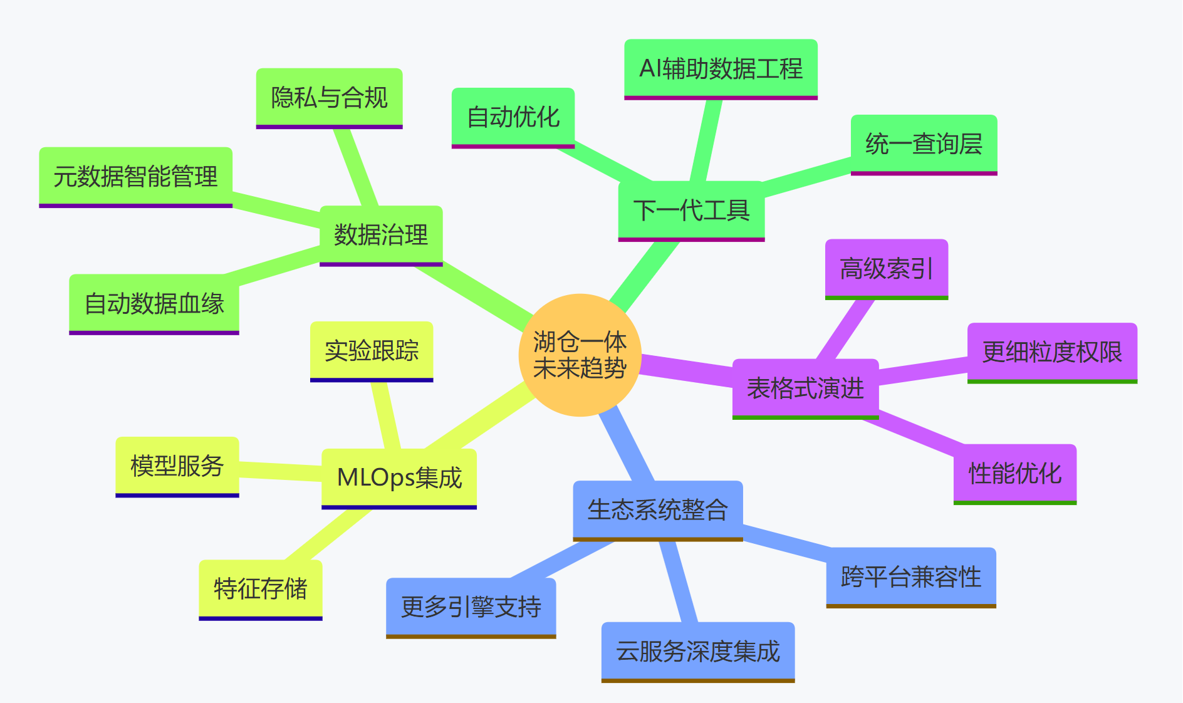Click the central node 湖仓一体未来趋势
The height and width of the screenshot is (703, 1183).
click(x=580, y=355)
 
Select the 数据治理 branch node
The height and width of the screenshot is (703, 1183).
click(x=381, y=235)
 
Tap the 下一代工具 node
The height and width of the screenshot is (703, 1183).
click(x=691, y=210)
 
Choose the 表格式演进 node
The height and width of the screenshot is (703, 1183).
click(x=805, y=388)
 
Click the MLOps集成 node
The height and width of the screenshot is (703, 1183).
click(x=399, y=477)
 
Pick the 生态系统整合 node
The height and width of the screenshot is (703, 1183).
click(x=657, y=509)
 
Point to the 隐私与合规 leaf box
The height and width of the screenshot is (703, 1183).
click(x=329, y=98)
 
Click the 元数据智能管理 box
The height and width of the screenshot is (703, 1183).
click(x=135, y=177)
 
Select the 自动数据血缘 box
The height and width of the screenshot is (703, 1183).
click(x=154, y=303)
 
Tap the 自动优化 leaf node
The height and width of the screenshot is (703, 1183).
click(x=513, y=117)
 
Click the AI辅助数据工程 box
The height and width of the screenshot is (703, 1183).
click(x=721, y=68)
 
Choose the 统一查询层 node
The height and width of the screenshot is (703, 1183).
click(x=924, y=144)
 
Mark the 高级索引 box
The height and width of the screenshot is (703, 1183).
click(x=886, y=269)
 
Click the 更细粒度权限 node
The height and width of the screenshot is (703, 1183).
click(x=1052, y=352)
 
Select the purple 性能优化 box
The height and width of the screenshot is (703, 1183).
click(x=1014, y=473)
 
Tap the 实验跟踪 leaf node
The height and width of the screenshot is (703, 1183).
click(x=372, y=350)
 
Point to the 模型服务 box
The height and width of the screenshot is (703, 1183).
click(x=177, y=466)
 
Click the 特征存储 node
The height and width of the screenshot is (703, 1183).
click(x=261, y=589)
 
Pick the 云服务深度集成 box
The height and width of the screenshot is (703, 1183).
click(x=697, y=651)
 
